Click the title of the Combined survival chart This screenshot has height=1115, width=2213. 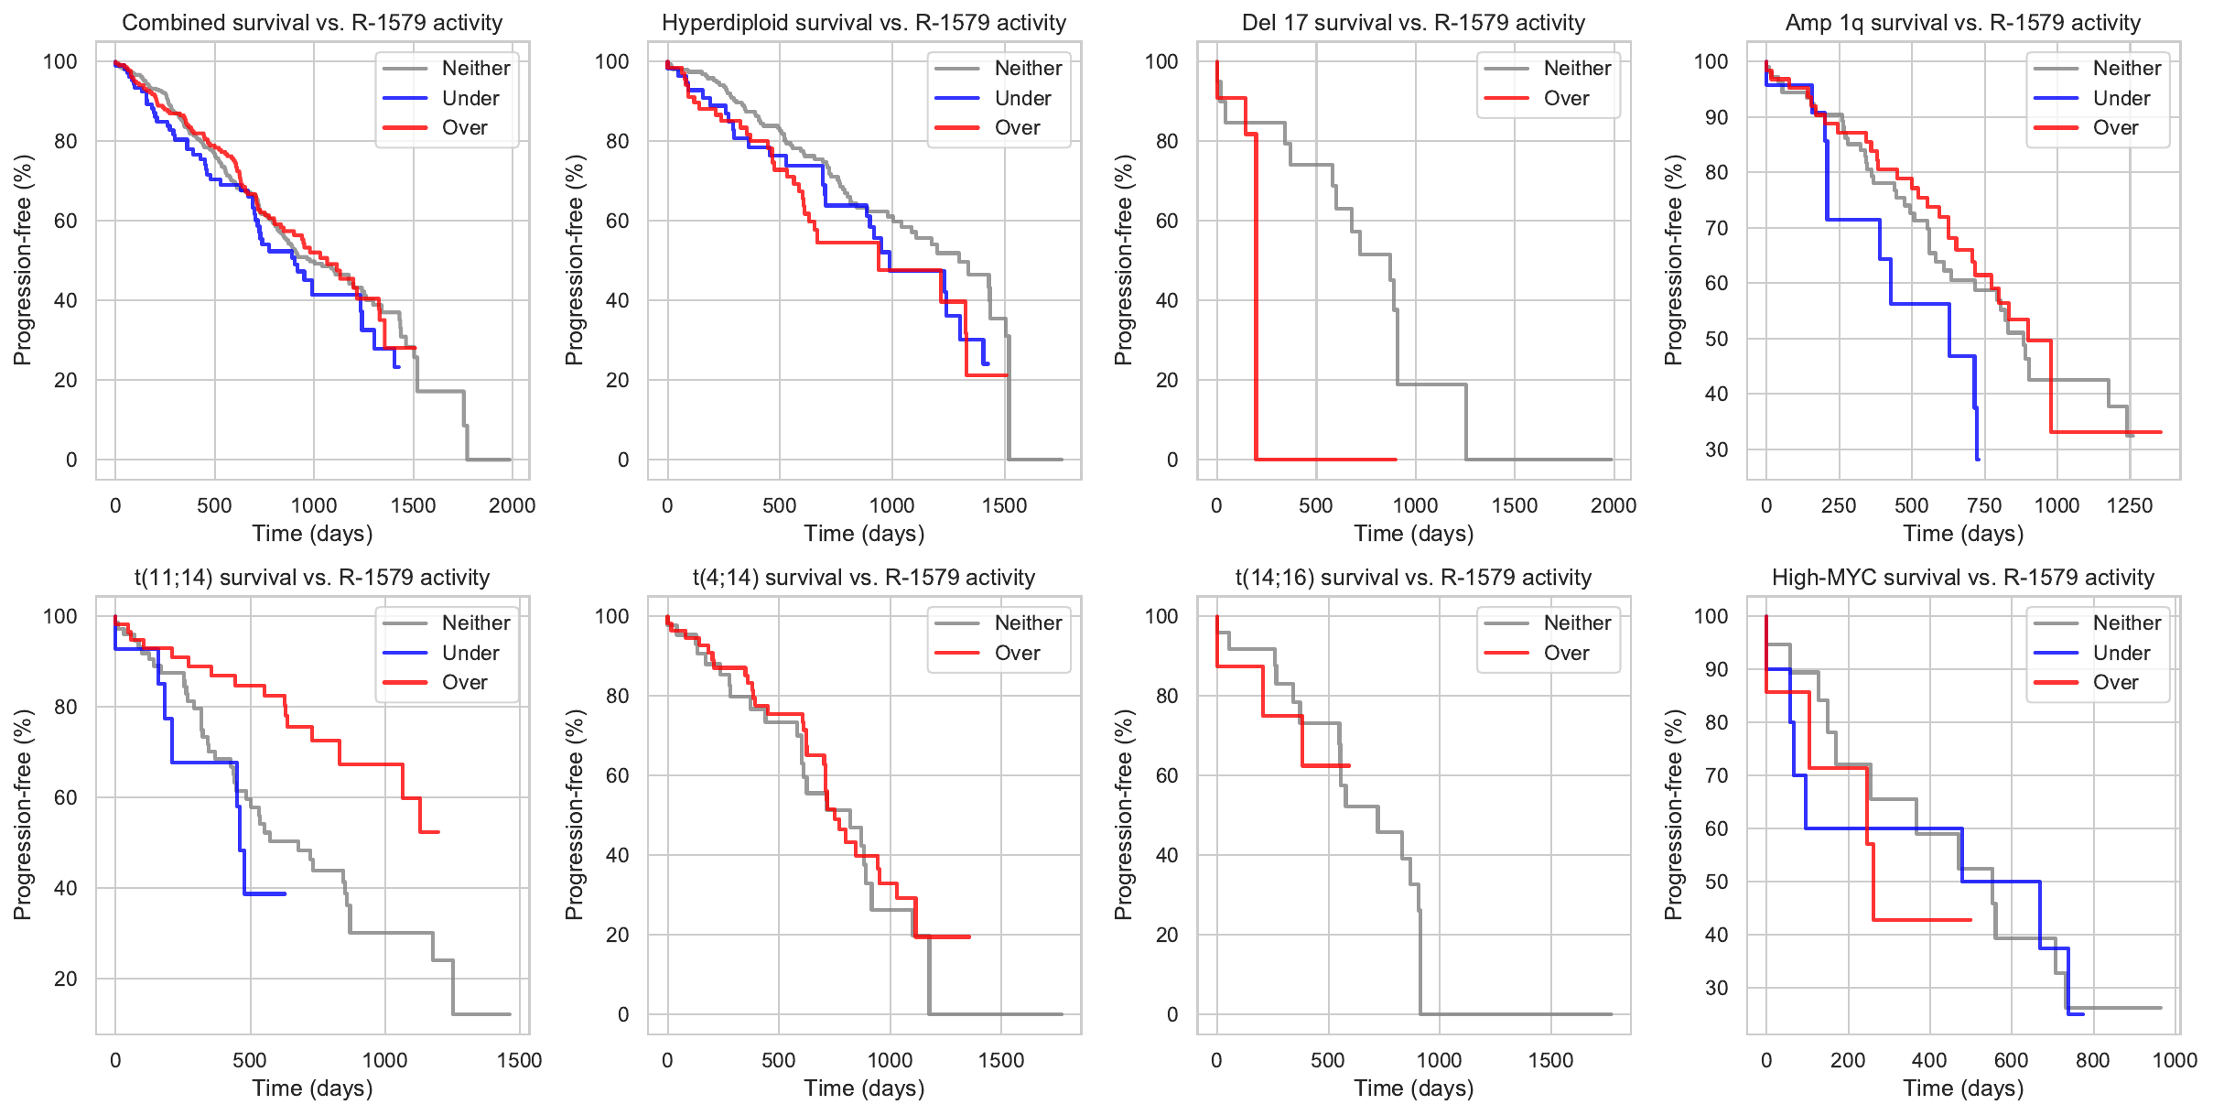click(312, 23)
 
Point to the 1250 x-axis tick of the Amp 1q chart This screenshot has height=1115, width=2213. click(2129, 505)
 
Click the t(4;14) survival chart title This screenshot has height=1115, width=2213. click(863, 578)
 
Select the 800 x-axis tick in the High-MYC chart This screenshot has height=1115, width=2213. click(2092, 1060)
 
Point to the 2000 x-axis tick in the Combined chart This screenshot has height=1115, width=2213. click(512, 505)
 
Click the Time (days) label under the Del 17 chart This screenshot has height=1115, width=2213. click(1413, 534)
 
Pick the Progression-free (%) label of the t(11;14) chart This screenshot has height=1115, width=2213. click(23, 815)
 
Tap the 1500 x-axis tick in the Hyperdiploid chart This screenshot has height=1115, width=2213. click(1004, 505)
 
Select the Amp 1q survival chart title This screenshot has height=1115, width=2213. click(1962, 23)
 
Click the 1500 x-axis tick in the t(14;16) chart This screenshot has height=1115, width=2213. click(1550, 1060)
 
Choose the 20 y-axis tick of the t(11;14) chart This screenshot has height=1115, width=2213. click(66, 979)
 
